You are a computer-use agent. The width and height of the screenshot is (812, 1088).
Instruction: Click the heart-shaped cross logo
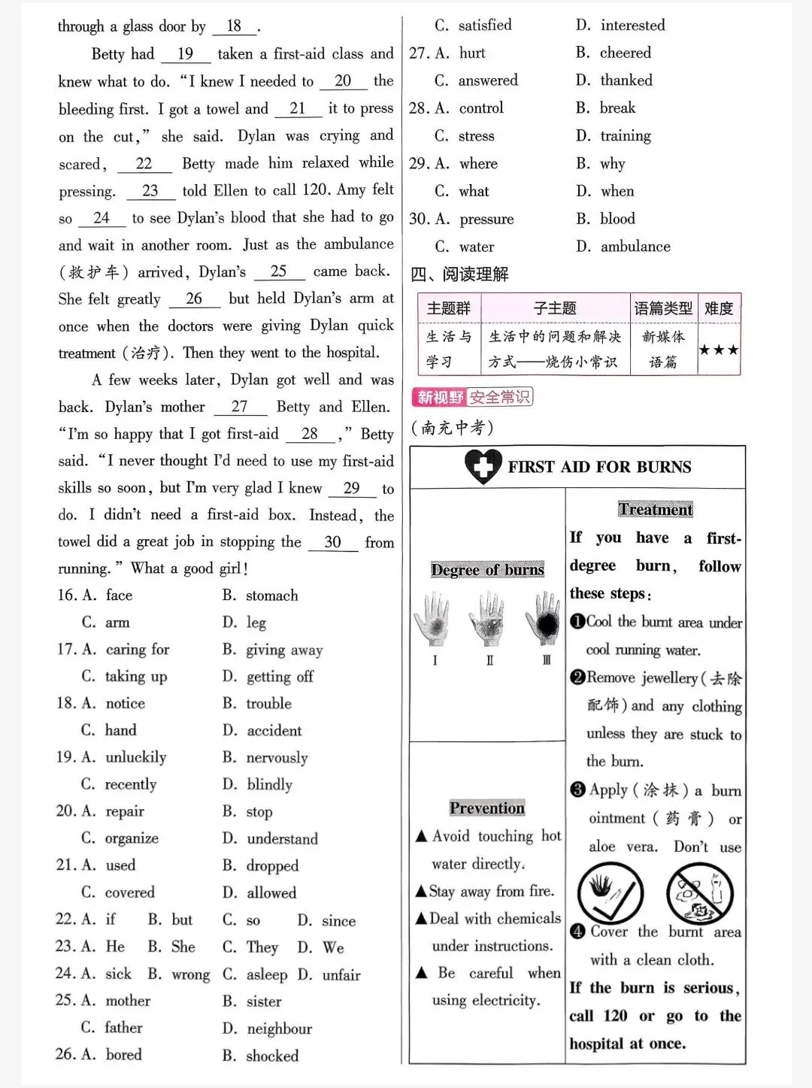pos(483,466)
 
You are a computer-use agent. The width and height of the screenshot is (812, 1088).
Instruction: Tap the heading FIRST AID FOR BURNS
pos(599,467)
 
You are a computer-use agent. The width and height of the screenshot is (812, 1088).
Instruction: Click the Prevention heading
pos(487,808)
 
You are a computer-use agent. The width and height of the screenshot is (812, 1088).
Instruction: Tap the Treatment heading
pos(656,510)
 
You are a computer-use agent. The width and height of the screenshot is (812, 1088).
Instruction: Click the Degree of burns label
pos(487,570)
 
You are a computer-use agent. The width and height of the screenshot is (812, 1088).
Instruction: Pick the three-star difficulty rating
pos(719,350)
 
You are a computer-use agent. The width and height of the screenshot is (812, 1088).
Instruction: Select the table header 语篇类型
pos(663,308)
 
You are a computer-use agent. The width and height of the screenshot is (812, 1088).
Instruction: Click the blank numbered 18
pos(234,26)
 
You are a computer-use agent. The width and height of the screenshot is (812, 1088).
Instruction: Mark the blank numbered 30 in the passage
pos(332,542)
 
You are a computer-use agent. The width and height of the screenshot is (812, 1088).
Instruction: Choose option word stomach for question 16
pos(271,596)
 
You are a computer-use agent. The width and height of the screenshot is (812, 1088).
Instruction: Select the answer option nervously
pos(277,758)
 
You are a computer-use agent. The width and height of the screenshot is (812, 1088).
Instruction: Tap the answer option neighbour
pos(279,1029)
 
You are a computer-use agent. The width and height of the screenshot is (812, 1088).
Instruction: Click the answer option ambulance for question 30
pos(635,247)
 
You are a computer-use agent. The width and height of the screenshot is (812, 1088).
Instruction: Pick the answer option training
pos(626,136)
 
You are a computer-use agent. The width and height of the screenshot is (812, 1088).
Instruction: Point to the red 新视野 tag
pos(440,397)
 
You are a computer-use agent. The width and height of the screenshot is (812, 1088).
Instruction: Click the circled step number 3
pos(577,789)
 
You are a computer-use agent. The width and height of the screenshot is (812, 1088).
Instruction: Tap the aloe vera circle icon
pos(611,893)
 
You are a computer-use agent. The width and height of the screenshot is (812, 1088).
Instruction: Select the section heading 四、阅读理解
pos(459,274)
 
